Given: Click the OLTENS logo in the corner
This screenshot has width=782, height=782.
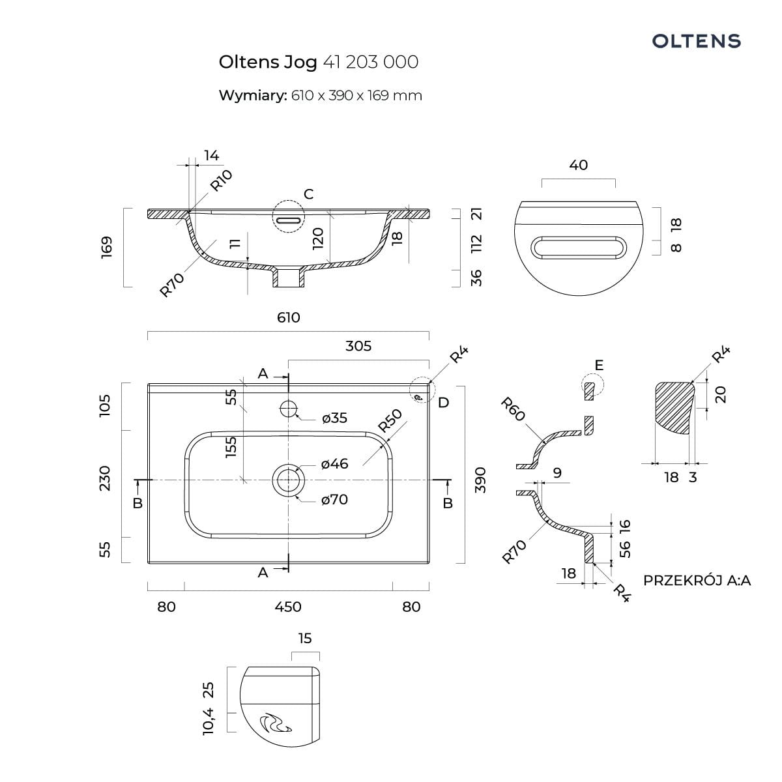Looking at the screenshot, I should (697, 41).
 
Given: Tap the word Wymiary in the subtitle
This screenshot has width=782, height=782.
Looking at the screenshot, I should (252, 95).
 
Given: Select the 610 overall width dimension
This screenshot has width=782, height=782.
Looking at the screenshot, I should (289, 317).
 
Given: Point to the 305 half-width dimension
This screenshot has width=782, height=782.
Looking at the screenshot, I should (358, 345).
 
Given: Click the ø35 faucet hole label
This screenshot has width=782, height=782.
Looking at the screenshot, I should (334, 418).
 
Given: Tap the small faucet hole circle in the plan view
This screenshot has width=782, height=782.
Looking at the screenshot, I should (288, 409).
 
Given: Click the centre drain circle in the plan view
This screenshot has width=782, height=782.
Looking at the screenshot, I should (288, 480).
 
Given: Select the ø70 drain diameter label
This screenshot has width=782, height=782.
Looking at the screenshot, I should (334, 500).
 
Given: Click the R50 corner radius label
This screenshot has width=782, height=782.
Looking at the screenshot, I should (390, 420).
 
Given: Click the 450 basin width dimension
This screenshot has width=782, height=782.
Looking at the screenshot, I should (288, 607).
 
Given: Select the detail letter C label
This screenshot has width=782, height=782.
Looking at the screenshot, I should (309, 194).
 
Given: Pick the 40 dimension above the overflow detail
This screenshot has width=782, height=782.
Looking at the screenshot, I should (578, 165).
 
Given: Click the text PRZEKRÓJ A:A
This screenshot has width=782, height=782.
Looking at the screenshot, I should (697, 580).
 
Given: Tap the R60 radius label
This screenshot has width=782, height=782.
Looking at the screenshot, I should (513, 409).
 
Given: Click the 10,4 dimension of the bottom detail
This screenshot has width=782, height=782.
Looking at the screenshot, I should (209, 721).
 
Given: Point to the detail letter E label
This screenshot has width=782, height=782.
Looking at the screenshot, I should (599, 365).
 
